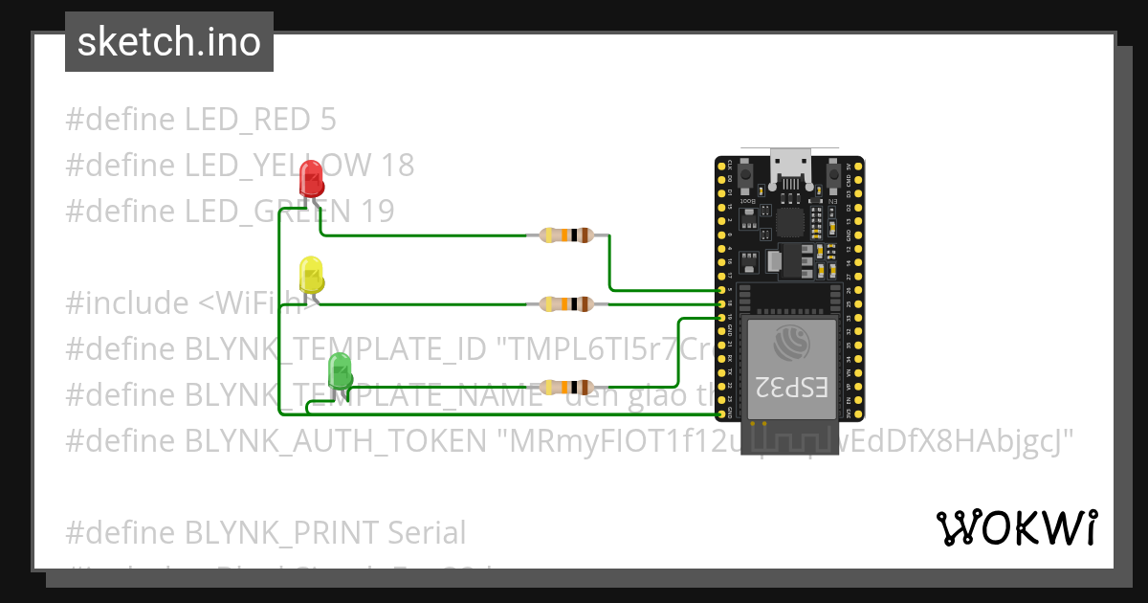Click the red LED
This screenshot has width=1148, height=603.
(x=312, y=179)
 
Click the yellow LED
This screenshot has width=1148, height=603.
(x=312, y=274)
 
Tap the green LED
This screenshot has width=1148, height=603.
(x=340, y=371)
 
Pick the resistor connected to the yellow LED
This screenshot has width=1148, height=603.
(x=568, y=304)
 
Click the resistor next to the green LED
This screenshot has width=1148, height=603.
(x=568, y=387)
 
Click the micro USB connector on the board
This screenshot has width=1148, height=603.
(x=790, y=168)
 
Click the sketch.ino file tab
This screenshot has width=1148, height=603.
(x=169, y=42)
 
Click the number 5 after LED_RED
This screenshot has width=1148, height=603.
(x=328, y=121)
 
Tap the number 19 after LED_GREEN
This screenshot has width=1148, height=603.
(x=378, y=212)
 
